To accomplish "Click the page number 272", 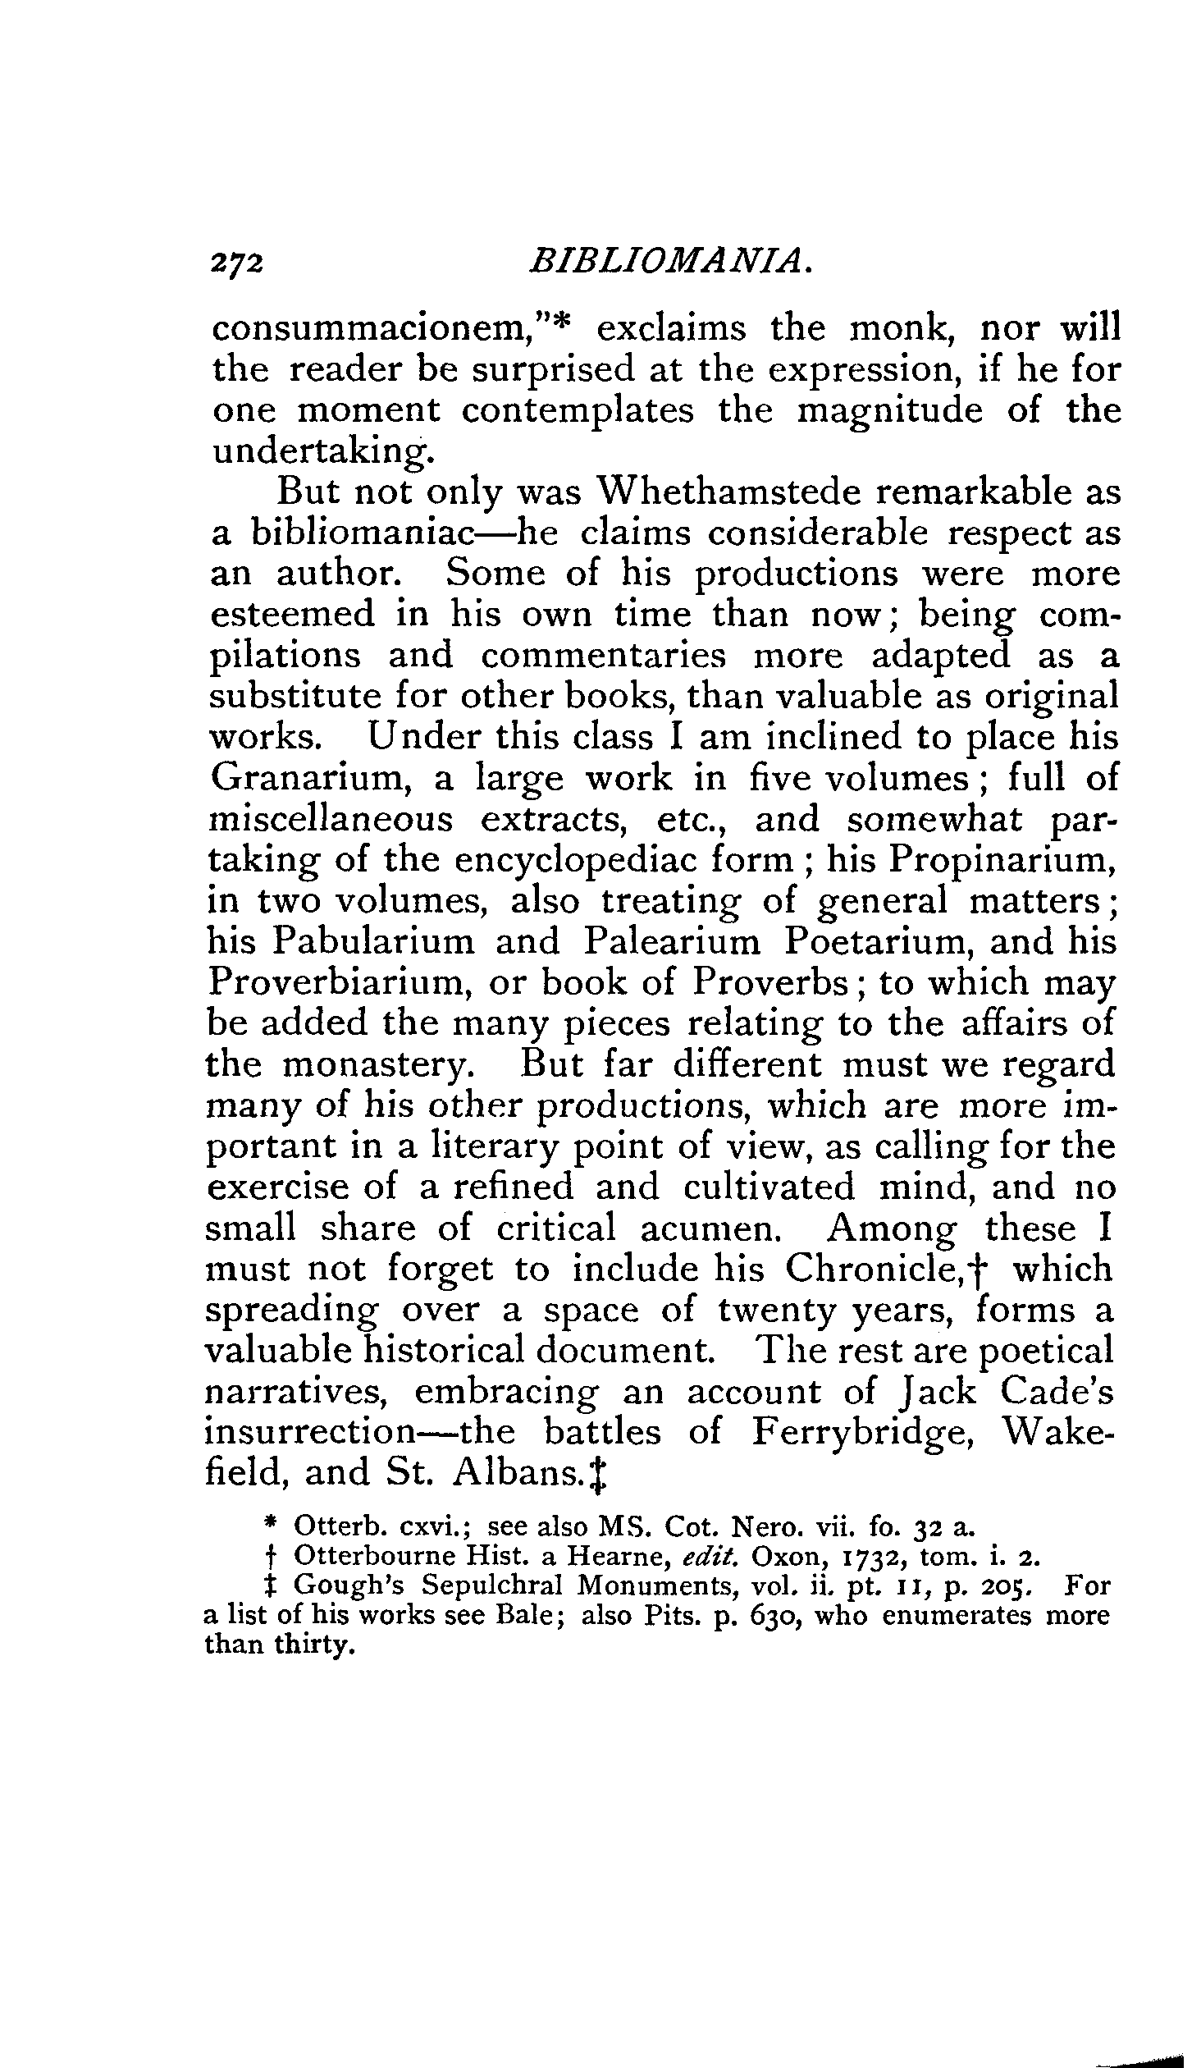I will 237,262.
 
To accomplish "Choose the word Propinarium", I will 1002,860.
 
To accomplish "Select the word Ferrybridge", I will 861,1432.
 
